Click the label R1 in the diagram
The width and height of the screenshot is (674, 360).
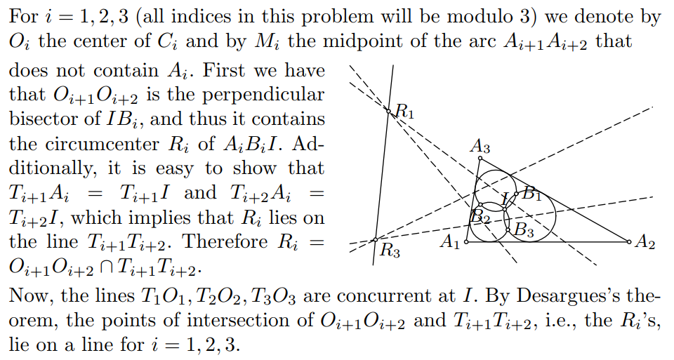(405, 112)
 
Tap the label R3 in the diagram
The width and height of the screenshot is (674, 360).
(390, 250)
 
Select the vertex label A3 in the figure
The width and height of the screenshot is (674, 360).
(480, 147)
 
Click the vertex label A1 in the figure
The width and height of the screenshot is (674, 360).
(449, 242)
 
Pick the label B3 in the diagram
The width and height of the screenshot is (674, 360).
(524, 230)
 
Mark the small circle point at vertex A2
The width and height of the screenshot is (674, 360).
(629, 242)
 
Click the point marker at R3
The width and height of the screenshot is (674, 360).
(375, 240)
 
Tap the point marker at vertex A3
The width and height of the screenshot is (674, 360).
(480, 159)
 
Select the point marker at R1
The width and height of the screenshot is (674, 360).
(388, 112)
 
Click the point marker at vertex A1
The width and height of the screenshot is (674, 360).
(467, 242)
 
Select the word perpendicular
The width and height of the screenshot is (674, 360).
(263, 95)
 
